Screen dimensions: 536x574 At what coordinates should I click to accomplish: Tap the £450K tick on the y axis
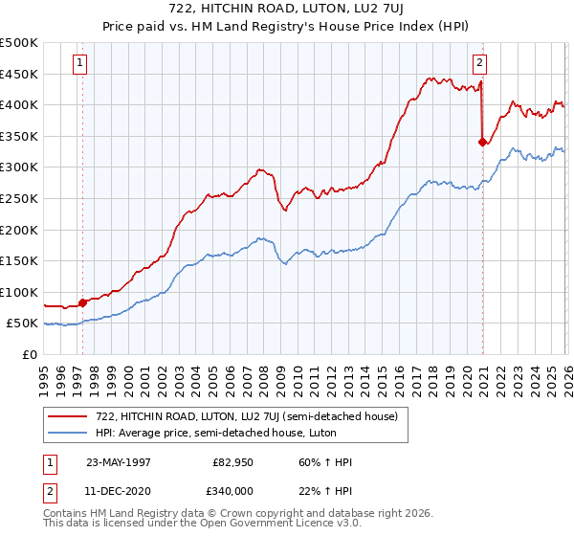(20, 74)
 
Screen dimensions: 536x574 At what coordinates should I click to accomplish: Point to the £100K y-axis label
(20, 292)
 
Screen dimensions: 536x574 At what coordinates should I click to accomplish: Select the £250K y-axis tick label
(20, 198)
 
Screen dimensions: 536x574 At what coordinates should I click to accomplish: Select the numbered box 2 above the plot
(479, 64)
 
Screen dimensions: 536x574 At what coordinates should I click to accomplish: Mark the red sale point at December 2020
(482, 142)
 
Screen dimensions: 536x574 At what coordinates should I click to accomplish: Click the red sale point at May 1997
(83, 302)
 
